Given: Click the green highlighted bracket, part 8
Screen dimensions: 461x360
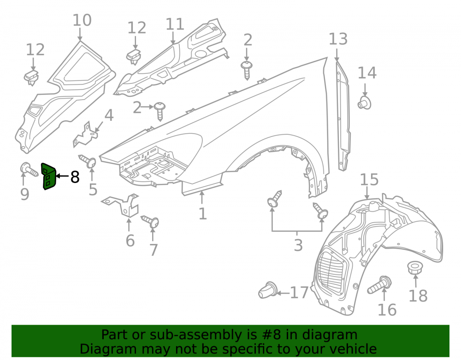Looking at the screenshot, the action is pos(48,177).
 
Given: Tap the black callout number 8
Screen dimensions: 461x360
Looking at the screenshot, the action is pos(75,177).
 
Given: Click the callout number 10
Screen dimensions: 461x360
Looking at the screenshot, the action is pos(82,20).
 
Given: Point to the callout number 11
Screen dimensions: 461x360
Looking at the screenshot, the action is pos(175,24).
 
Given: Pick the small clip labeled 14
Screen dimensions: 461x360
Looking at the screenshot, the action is pos(365,103).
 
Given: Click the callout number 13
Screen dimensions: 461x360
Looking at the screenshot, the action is pos(338,39).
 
